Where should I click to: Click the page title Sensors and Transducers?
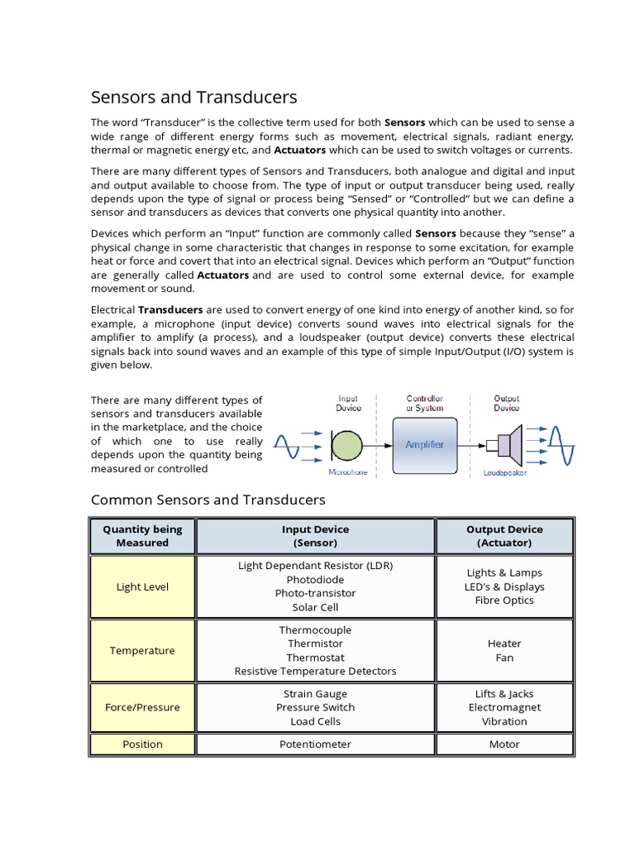coord(193,98)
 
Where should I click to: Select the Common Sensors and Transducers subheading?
coord(208,500)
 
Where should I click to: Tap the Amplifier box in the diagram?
coord(424,444)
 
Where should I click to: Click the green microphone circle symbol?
coord(347,445)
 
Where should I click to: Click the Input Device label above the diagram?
coord(348,403)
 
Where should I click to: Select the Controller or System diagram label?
coord(424,403)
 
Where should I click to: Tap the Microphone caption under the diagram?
coord(347,473)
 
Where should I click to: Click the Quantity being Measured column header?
coord(142,536)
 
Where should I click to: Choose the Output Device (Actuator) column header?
coord(504,536)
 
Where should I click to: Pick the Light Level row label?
coord(142,586)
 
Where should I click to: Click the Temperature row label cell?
coord(142,650)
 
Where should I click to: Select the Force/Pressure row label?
coord(142,707)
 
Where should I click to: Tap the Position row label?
coord(142,744)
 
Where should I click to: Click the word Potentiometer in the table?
coord(315,744)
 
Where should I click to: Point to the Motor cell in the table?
coord(504,744)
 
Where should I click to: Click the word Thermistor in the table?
coord(315,644)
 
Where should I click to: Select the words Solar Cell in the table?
coord(315,607)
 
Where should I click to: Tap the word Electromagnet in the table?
coord(504,707)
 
